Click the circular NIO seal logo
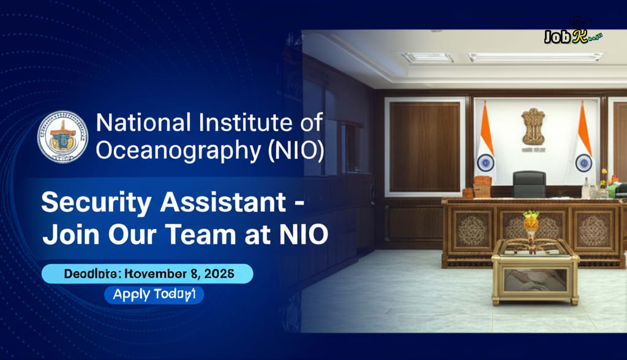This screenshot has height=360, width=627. [62, 137]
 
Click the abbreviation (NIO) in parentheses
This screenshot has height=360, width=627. [296, 150]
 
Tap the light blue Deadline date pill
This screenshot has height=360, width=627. [147, 273]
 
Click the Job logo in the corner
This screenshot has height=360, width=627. [573, 36]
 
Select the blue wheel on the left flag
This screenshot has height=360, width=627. [486, 162]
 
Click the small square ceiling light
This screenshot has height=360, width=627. [427, 57]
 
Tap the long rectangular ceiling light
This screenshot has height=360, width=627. [535, 57]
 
